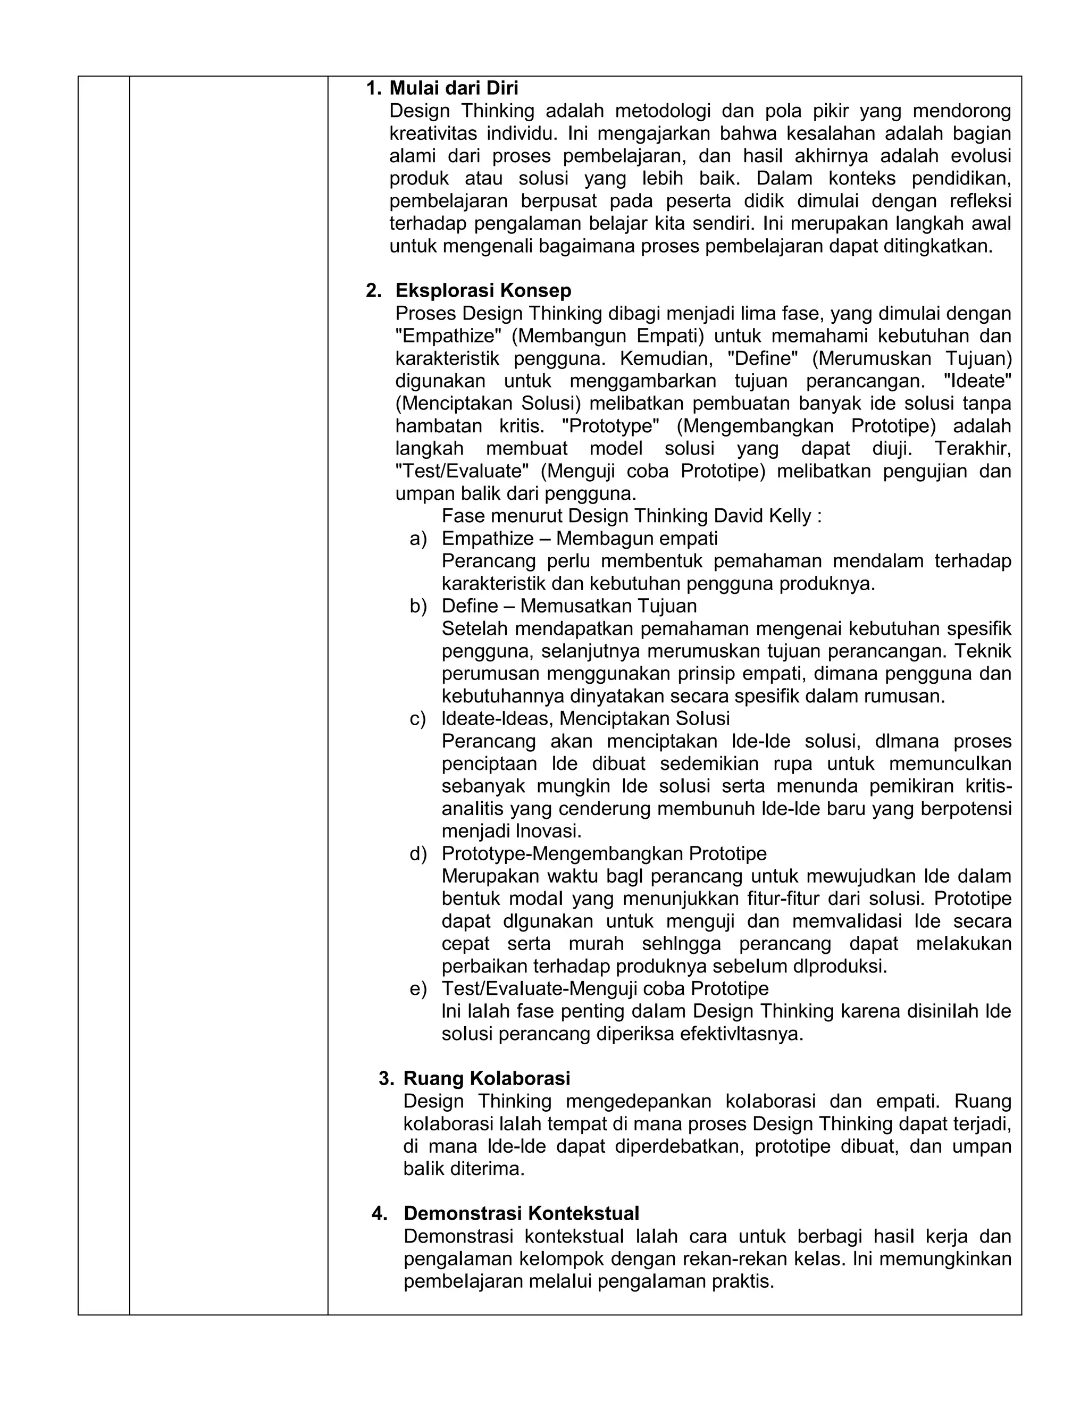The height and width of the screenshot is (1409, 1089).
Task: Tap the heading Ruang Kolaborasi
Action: click(487, 1078)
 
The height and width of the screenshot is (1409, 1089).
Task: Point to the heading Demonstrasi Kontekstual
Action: click(521, 1213)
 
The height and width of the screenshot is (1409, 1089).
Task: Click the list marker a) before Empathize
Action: click(418, 539)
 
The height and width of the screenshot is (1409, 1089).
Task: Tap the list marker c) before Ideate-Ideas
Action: click(418, 719)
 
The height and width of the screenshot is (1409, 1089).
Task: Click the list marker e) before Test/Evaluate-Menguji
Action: click(418, 988)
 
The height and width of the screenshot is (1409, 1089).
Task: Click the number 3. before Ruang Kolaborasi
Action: click(386, 1078)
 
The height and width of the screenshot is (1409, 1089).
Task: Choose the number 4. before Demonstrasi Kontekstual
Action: click(379, 1213)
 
